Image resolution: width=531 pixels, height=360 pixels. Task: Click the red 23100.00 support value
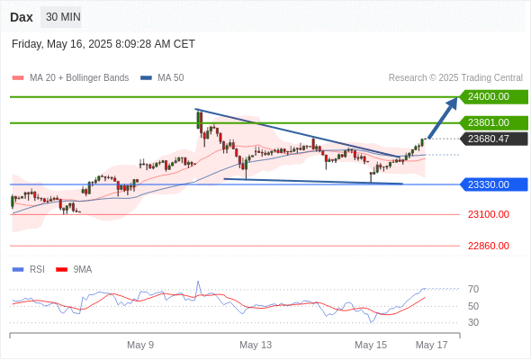click(x=489, y=214)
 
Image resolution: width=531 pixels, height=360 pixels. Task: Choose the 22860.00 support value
click(x=489, y=246)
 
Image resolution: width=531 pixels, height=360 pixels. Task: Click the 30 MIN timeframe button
click(x=61, y=17)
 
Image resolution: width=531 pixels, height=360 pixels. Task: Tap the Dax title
click(x=22, y=17)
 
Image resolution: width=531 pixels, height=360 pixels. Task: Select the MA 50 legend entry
click(x=162, y=78)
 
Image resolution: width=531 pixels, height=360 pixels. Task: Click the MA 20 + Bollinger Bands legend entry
click(x=70, y=78)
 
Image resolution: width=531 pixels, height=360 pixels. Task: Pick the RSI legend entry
click(x=29, y=270)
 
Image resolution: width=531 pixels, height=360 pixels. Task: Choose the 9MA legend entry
click(x=74, y=270)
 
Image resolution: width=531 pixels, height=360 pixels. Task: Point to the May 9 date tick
click(x=140, y=345)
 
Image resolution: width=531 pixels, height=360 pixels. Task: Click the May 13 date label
click(x=256, y=345)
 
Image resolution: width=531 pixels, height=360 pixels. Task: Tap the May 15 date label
click(x=371, y=345)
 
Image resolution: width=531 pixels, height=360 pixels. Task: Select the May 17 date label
click(x=431, y=345)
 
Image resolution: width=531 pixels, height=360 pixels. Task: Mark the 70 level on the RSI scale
click(x=473, y=289)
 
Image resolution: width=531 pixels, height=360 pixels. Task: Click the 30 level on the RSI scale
click(x=473, y=322)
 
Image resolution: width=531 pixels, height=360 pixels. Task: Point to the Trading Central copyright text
click(x=455, y=78)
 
